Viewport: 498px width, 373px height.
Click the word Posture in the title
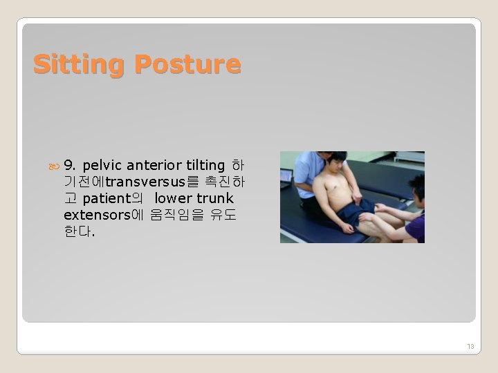click(x=187, y=64)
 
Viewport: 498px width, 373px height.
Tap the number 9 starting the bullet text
click(x=68, y=166)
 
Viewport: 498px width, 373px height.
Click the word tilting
click(x=205, y=166)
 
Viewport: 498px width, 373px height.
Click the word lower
click(x=174, y=199)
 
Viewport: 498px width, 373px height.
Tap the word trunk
click(x=214, y=199)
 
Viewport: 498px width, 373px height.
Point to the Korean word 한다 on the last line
click(x=76, y=232)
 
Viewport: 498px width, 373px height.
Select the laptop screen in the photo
click(x=286, y=175)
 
